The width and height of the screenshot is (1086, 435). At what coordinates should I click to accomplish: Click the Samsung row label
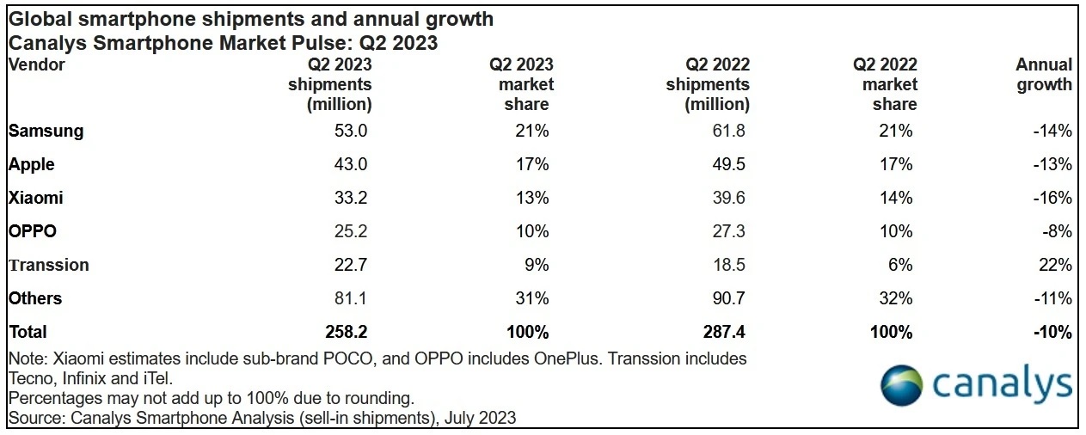(46, 132)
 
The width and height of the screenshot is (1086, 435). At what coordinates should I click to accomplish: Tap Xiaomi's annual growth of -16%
(1053, 199)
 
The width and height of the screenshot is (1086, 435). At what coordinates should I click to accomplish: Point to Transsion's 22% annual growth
(1057, 266)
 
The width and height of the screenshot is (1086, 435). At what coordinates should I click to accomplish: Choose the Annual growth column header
(1044, 75)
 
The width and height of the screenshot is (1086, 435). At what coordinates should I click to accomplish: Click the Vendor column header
(37, 64)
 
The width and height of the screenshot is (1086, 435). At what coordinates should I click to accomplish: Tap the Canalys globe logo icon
(900, 385)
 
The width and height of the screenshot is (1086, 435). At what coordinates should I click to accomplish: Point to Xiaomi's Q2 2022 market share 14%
(895, 199)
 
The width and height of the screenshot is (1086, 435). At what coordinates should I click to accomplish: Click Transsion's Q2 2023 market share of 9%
(537, 266)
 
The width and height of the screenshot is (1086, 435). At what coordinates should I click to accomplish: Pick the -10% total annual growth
(1052, 332)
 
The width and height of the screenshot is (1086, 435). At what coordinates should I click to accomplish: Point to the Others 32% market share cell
(895, 299)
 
